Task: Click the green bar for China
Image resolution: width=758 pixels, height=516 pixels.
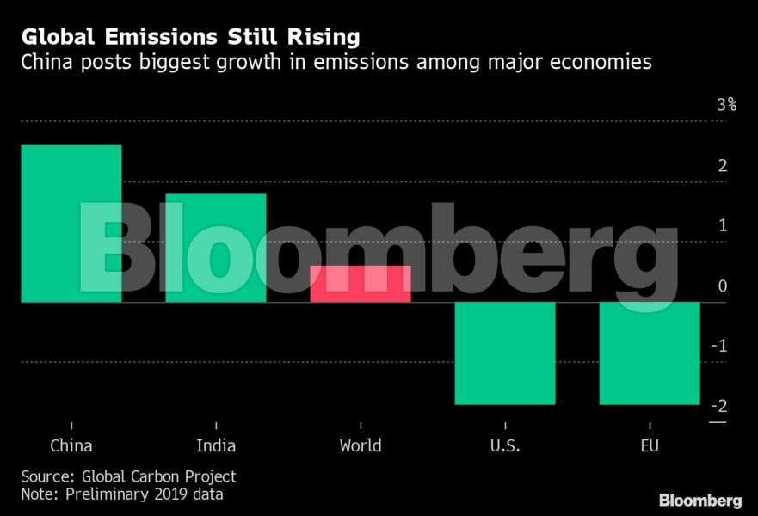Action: coord(71,224)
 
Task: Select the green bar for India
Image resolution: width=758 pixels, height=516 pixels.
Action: coord(215,248)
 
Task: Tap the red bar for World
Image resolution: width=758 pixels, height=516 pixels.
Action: coord(360,284)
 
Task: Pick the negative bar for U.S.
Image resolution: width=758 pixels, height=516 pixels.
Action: coord(504,353)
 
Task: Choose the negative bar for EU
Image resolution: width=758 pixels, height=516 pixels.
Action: coord(649,353)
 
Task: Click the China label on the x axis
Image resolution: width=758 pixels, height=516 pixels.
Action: coord(71,445)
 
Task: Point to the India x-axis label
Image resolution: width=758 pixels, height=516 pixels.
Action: coord(215,445)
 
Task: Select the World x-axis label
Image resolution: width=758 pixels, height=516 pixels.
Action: coord(360,445)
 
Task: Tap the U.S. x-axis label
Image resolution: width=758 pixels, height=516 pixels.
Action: coord(504,445)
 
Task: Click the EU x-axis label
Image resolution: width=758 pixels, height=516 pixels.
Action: coord(649,445)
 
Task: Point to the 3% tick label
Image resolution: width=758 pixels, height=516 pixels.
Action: coord(727,105)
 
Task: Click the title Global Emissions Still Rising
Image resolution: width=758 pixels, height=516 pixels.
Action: coord(190,37)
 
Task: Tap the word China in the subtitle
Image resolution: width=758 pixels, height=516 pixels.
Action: coord(48,62)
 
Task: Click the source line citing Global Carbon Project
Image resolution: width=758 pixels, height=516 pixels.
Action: coord(128,476)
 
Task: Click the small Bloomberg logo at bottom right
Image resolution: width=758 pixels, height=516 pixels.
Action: coord(699,500)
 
